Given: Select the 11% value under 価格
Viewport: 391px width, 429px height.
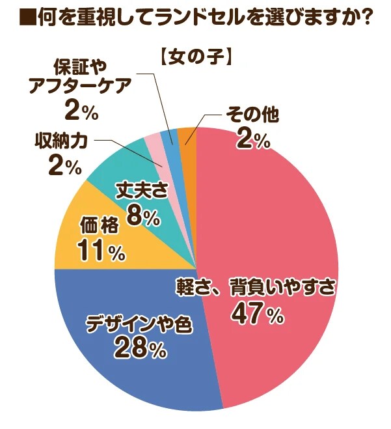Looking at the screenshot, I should coord(100,251).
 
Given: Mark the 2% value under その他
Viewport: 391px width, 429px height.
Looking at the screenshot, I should coord(253,141).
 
